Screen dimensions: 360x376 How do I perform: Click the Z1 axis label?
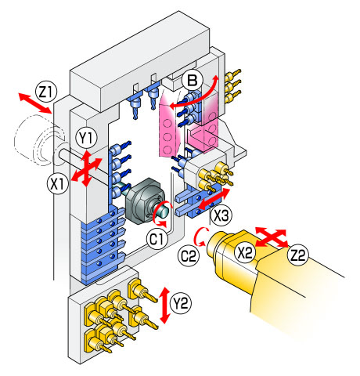(46, 92)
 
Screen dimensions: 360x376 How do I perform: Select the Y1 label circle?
(86, 139)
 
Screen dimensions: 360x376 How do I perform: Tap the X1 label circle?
(57, 183)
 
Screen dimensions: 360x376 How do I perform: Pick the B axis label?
(193, 80)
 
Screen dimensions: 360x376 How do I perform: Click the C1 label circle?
(157, 239)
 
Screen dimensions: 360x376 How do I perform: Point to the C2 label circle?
(189, 256)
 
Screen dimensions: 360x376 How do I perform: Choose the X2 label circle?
(244, 252)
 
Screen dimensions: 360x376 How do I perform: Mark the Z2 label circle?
(297, 255)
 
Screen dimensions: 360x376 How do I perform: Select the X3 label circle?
(221, 215)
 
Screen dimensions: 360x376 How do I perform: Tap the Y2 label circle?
(181, 303)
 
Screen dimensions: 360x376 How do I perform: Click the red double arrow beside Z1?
(35, 103)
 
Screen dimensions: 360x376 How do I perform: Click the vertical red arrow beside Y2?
(165, 305)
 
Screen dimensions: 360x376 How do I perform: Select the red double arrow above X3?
(213, 198)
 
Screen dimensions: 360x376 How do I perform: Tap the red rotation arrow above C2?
(200, 237)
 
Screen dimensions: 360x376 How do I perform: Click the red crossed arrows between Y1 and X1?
(86, 168)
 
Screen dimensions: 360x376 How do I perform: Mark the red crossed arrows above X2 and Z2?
(272, 237)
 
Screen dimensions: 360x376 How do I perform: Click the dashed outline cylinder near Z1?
(39, 141)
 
